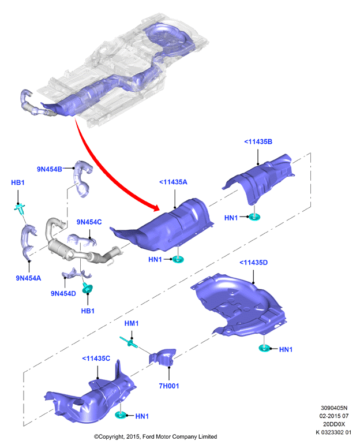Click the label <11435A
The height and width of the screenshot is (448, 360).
tap(173, 182)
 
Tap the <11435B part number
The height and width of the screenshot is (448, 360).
tap(258, 141)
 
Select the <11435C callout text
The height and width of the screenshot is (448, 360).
tap(96, 359)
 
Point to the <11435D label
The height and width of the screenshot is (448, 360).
tap(253, 263)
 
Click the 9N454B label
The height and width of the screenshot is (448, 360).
tap(50, 169)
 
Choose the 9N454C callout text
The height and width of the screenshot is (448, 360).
tap(89, 222)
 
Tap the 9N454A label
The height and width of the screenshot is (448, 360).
tap(28, 278)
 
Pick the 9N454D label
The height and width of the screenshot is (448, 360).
tap(63, 293)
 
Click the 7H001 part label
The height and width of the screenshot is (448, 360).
tap(169, 386)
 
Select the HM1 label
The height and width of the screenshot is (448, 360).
tap(132, 323)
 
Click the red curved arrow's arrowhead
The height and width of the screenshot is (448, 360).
tap(155, 207)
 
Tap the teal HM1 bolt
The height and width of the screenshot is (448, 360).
tap(129, 342)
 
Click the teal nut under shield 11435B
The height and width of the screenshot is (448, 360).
tap(254, 217)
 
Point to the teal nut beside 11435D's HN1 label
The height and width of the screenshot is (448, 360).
tap(264, 348)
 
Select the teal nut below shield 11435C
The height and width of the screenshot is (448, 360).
tap(121, 415)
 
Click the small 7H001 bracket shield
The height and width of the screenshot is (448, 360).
tap(162, 357)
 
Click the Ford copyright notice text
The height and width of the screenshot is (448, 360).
tap(156, 436)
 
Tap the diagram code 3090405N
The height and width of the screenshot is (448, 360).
tap(334, 408)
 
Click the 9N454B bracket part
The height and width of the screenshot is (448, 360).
tap(81, 178)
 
